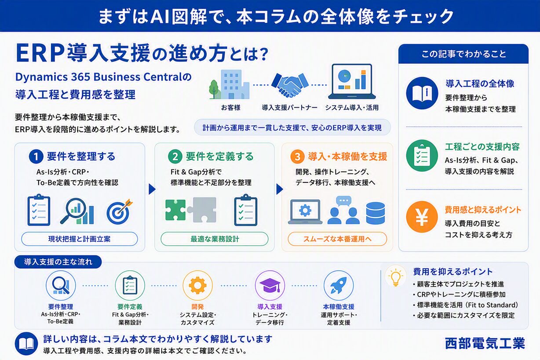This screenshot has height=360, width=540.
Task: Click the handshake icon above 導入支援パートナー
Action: click(x=290, y=84)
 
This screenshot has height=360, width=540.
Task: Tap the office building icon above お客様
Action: click(x=229, y=84)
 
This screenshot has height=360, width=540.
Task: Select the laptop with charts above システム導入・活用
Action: click(x=352, y=81)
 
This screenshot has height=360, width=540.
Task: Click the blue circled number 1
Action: click(x=36, y=156)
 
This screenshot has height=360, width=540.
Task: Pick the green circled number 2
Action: click(x=175, y=156)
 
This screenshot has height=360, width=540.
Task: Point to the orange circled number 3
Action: click(x=297, y=156)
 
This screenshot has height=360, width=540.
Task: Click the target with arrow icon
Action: click(x=119, y=211)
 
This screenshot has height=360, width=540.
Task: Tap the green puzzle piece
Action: click(x=176, y=210)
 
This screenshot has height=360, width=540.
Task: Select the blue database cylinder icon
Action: click(x=376, y=213)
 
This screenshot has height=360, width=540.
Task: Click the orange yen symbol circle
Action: click(x=422, y=217)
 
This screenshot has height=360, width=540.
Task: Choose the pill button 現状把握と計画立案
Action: click(x=80, y=239)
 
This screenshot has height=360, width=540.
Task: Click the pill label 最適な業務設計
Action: click(x=215, y=239)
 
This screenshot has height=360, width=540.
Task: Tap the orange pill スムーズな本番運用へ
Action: click(x=337, y=239)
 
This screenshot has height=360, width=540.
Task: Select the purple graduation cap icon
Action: click(x=270, y=285)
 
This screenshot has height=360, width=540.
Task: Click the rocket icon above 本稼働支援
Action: click(x=339, y=285)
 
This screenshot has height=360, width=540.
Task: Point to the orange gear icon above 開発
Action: click(x=198, y=285)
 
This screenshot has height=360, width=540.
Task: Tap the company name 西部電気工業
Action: click(x=485, y=343)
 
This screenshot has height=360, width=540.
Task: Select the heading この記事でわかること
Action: click(x=463, y=54)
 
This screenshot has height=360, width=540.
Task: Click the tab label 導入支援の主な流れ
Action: click(x=58, y=262)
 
